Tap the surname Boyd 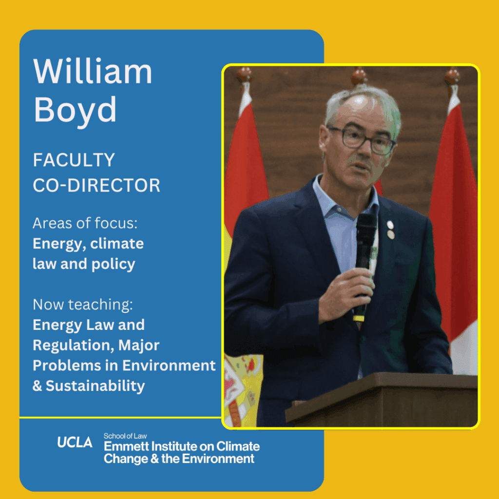(75, 110)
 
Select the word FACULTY (74, 160)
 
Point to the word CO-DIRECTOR (96, 185)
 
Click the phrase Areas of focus (85, 223)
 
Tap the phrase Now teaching (83, 305)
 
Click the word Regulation (74, 345)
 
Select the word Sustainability (95, 386)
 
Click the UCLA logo (75, 442)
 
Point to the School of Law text (125, 436)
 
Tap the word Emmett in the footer (126, 446)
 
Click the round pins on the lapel (390, 230)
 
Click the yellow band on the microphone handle (359, 318)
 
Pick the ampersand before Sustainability (37, 386)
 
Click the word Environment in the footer (218, 459)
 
